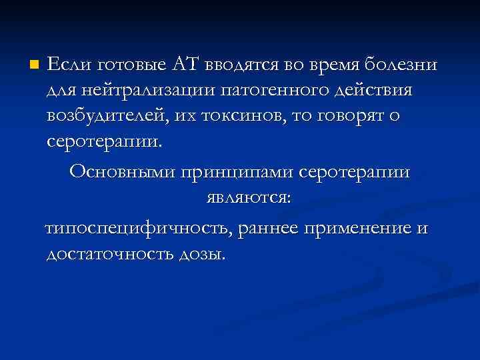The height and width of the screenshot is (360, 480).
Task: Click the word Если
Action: [69, 64]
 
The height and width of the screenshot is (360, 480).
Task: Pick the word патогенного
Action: [275, 89]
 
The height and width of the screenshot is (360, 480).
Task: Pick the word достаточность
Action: [107, 254]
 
